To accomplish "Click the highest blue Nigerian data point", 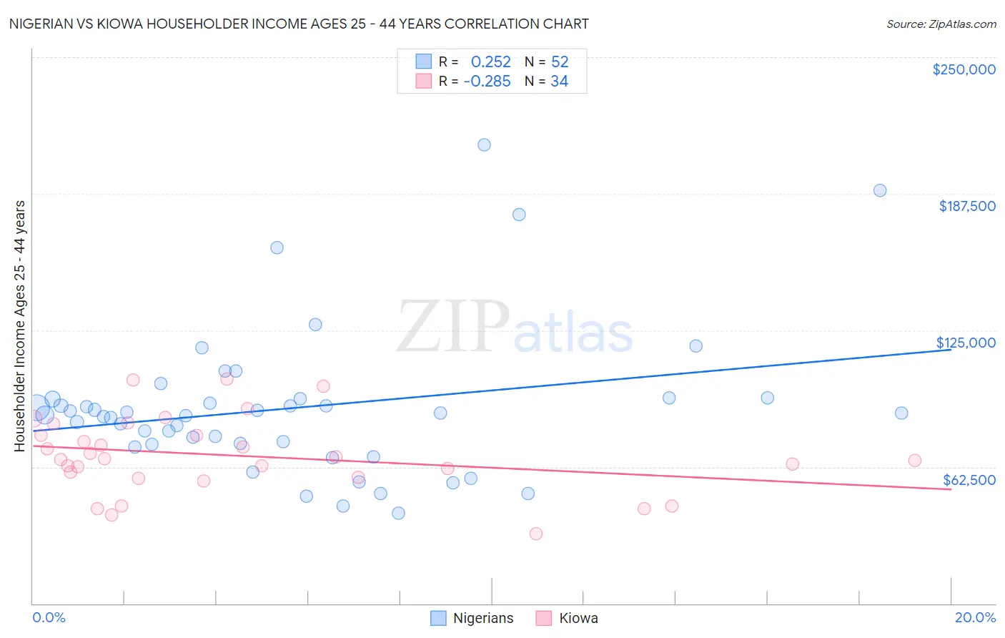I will [x=484, y=144].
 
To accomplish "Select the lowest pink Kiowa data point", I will [x=536, y=534].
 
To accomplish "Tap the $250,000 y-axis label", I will [x=964, y=69].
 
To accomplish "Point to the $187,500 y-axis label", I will [x=966, y=206].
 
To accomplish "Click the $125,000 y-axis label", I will [x=966, y=343].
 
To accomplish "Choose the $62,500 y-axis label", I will [x=969, y=480].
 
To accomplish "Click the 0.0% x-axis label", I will [x=49, y=617].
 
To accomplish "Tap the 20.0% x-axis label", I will [x=975, y=617].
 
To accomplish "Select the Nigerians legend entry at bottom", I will [x=472, y=618].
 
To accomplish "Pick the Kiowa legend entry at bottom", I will [x=568, y=618].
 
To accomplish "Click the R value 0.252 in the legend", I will [x=490, y=62].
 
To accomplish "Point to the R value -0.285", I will [x=487, y=82].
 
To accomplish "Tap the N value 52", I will [x=560, y=62].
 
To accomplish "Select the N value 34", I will [x=559, y=82].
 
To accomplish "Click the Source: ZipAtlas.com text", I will [x=941, y=24].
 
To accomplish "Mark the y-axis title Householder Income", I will [x=20, y=325].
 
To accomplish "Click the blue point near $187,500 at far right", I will [x=880, y=190].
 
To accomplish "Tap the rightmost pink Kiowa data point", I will [x=915, y=461].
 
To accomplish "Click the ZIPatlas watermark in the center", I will [x=515, y=328].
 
